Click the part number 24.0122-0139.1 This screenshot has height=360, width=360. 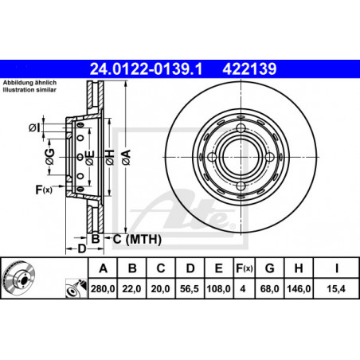pos(147,69)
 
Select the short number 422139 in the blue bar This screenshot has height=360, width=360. pos(249,69)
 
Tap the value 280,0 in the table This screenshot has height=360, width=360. pos(103,288)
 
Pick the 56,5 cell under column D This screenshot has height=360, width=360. pos(190,288)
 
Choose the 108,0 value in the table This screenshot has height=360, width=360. pos(219,288)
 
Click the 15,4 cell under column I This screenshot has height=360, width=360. pos(336,288)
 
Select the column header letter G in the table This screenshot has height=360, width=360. pos(270,268)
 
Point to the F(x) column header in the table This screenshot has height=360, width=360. pos(245,268)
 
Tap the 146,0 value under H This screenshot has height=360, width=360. pos(299,288)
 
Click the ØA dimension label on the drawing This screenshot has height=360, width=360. pos(127,157)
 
